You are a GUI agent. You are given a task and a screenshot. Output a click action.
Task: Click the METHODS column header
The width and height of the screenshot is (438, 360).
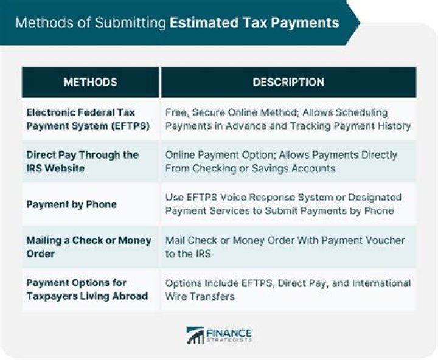click(90, 82)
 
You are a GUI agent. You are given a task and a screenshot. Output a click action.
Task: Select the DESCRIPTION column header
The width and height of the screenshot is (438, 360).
click(288, 82)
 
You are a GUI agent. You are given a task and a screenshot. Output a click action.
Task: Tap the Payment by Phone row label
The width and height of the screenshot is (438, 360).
click(71, 204)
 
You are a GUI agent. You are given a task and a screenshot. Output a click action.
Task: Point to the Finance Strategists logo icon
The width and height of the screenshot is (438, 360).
click(195, 335)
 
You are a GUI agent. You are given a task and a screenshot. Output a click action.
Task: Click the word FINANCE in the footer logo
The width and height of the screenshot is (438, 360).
click(229, 332)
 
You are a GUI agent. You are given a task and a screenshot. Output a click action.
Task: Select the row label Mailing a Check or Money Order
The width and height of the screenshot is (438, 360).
click(89, 246)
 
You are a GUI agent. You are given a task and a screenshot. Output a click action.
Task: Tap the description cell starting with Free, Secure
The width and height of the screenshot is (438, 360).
click(288, 120)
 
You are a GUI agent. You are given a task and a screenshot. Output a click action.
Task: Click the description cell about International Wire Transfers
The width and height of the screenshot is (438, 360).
click(288, 289)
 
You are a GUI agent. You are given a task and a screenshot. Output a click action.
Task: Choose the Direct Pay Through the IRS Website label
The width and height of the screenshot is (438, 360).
click(82, 161)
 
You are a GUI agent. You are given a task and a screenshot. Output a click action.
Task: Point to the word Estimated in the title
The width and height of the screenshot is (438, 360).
click(198, 23)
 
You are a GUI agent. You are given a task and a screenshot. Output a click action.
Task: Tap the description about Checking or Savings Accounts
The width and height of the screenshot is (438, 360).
click(281, 161)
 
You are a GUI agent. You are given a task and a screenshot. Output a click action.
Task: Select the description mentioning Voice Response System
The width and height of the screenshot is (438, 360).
click(283, 204)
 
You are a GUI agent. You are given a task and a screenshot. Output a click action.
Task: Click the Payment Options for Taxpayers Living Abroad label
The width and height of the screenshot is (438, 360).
click(87, 289)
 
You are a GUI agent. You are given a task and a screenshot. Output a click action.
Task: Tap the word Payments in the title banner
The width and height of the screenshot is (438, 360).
click(310, 23)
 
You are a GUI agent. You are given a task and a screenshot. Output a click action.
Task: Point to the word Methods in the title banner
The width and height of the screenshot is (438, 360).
click(40, 23)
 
